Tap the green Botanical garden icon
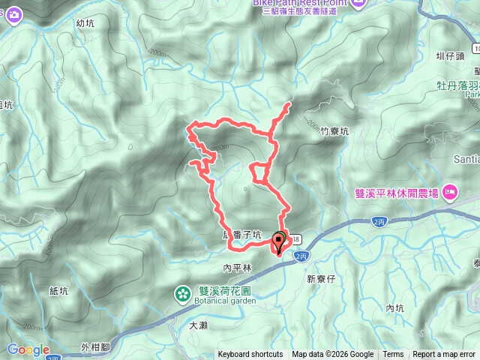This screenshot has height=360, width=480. coord(183,293)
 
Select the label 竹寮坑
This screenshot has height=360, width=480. coord(334,130)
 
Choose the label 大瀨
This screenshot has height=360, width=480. coord(198,325)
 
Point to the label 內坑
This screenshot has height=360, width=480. coord(394,308)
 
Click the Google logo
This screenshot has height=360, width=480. coord(28,349)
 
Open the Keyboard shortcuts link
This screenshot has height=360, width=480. coord(250,355)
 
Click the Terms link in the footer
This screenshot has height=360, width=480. coord(393,355)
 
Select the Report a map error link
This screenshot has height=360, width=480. coord(444,355)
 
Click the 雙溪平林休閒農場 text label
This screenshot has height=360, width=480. coord(397,192)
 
